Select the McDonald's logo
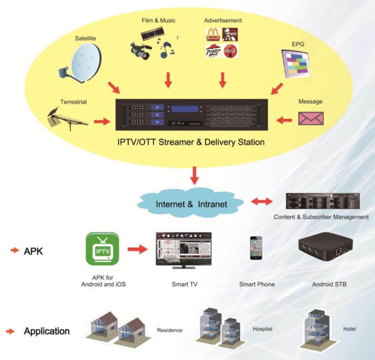tap(213, 34)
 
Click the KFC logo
tap(230, 34)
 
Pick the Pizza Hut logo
tap(213, 51)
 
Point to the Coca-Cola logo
tap(230, 51)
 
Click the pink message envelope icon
tap(311, 119)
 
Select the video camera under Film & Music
tap(140, 50)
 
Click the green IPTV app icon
tap(102, 249)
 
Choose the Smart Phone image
tap(256, 248)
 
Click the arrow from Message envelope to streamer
tap(284, 119)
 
